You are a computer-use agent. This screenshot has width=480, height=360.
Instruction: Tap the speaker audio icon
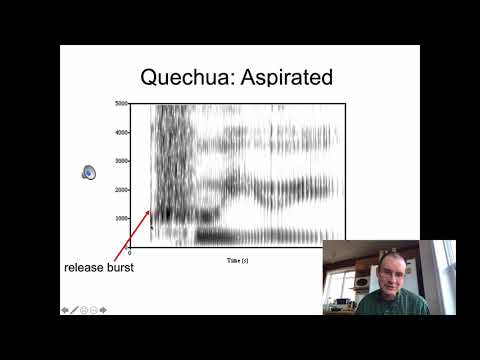(x=88, y=172)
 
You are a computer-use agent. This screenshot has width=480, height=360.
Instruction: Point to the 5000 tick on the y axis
(x=121, y=104)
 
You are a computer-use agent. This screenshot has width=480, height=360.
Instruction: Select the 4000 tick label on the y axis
(x=121, y=132)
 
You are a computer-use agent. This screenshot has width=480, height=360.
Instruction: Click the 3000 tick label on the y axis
(x=121, y=160)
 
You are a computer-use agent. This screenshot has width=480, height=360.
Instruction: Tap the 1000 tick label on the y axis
(x=121, y=217)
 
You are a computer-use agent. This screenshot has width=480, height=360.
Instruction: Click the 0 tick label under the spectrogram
(x=130, y=254)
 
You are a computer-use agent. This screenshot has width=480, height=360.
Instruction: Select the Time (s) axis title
(x=239, y=259)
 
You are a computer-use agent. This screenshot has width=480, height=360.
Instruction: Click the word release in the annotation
(x=82, y=268)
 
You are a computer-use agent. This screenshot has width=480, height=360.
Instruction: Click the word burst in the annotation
(x=117, y=268)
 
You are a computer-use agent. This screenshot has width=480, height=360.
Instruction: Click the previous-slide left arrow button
(x=66, y=310)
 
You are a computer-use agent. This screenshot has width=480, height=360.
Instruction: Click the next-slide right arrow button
(x=102, y=310)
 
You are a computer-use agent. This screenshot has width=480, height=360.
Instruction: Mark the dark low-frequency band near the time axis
(x=250, y=236)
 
